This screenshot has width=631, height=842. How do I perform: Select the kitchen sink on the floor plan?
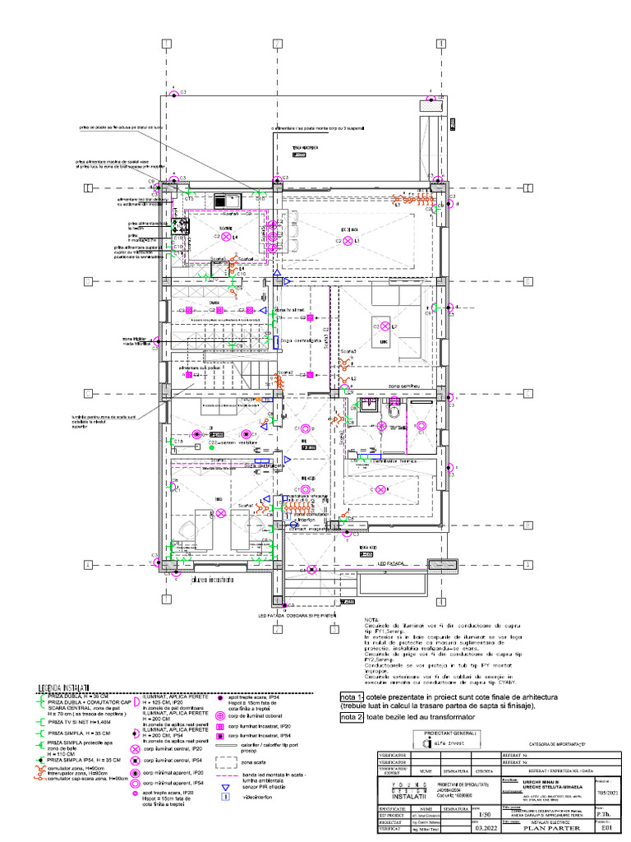click(223, 200)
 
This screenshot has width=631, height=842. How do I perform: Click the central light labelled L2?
click(384, 327)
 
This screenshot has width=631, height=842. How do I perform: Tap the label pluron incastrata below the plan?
click(212, 581)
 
